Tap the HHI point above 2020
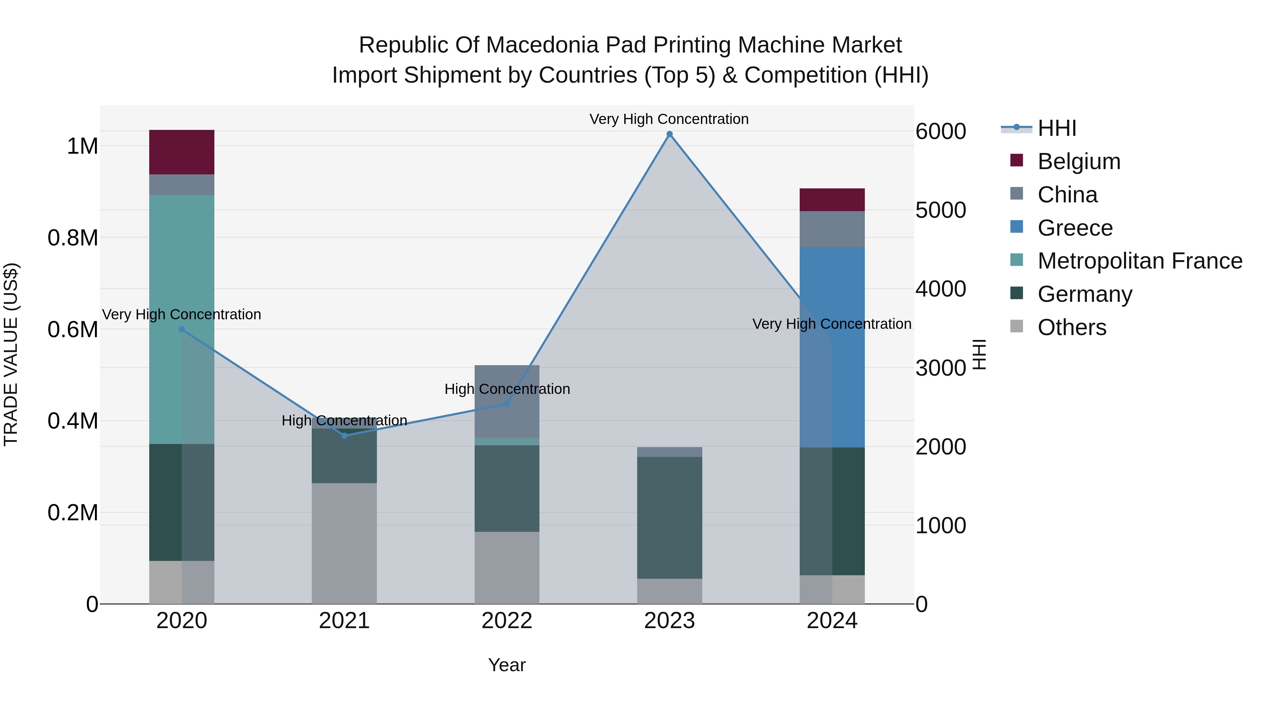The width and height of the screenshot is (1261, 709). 181,329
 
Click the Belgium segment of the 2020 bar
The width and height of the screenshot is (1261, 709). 181,152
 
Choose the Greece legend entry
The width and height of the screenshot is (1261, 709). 1075,228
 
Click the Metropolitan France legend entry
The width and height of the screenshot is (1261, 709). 1139,261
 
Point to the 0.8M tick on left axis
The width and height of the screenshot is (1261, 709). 73,238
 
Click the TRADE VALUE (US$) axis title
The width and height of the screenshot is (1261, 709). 11,354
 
